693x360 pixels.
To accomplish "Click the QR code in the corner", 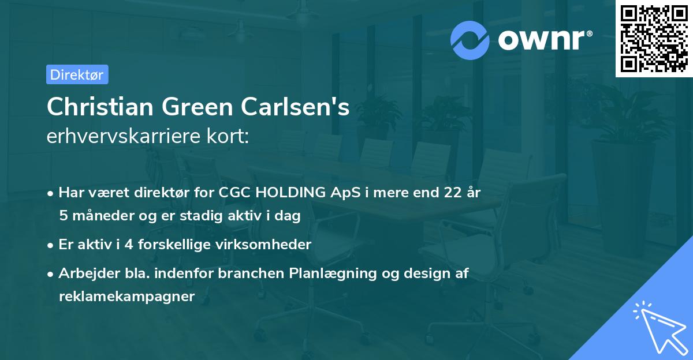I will point(654,39).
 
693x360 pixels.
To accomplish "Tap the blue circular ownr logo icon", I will point(470,40).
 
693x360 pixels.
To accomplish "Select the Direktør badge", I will point(77,74).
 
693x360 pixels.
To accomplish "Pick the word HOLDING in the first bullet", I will point(289,193).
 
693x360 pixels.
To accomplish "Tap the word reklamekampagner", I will point(127,296).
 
